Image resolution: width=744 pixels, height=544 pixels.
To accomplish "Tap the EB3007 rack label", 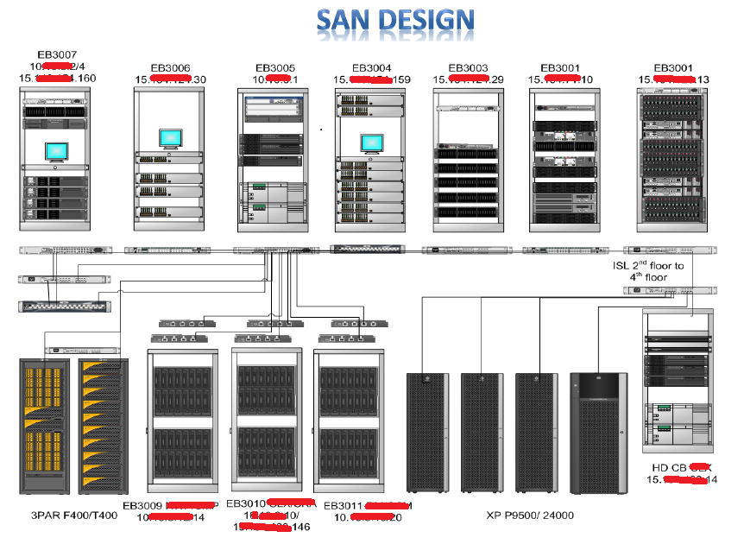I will [x=58, y=54].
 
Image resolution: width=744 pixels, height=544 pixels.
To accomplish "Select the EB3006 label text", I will [x=170, y=67].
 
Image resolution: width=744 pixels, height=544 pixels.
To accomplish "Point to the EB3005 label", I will [x=275, y=67].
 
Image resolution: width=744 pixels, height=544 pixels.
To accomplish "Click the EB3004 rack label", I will [x=372, y=67].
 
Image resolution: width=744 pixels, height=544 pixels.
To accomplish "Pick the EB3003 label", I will [x=469, y=67].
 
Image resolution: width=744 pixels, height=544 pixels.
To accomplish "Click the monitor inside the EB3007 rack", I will [x=57, y=153].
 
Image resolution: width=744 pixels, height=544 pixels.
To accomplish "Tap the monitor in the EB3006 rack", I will [x=170, y=138].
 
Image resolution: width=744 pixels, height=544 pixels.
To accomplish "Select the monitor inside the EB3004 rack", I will [x=370, y=144].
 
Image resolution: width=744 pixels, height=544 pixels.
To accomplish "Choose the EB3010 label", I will [x=245, y=503].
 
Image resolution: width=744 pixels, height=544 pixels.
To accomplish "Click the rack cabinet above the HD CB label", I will [x=678, y=380].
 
